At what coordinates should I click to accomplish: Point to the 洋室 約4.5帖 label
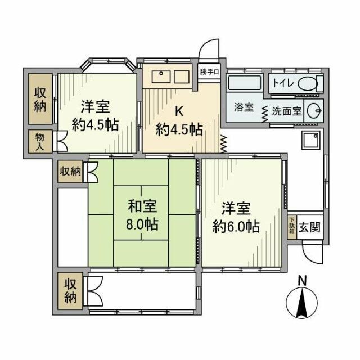tap(95, 115)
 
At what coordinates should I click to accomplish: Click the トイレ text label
tap(282, 83)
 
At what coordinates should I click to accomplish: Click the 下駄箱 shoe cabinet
tap(291, 228)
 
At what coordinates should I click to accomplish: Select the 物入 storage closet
tap(39, 141)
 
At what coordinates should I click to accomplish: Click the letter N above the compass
tap(303, 280)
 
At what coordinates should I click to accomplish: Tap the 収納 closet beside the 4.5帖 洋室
tap(40, 100)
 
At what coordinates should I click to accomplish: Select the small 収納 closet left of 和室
tap(71, 171)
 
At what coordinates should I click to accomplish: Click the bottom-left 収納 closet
tap(70, 290)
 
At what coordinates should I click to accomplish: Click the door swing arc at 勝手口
tap(210, 48)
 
